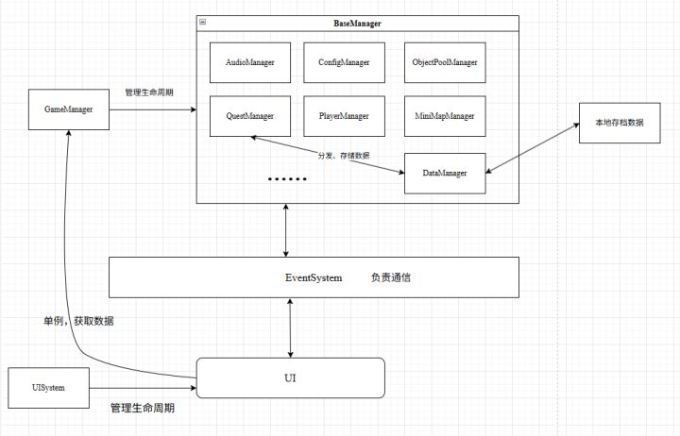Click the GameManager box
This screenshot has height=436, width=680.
(69, 109)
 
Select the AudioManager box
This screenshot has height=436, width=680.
(250, 62)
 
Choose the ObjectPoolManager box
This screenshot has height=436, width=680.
(445, 62)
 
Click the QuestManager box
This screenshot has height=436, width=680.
(250, 116)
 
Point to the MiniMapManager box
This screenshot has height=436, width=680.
(445, 116)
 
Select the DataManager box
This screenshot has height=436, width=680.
(445, 174)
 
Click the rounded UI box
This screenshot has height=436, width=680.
(290, 377)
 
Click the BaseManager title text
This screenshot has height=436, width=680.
(358, 22)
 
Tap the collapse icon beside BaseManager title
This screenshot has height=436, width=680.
(204, 22)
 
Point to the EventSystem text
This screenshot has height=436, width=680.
(314, 277)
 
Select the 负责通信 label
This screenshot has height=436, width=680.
(391, 277)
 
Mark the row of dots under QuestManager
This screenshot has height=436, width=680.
(287, 178)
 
